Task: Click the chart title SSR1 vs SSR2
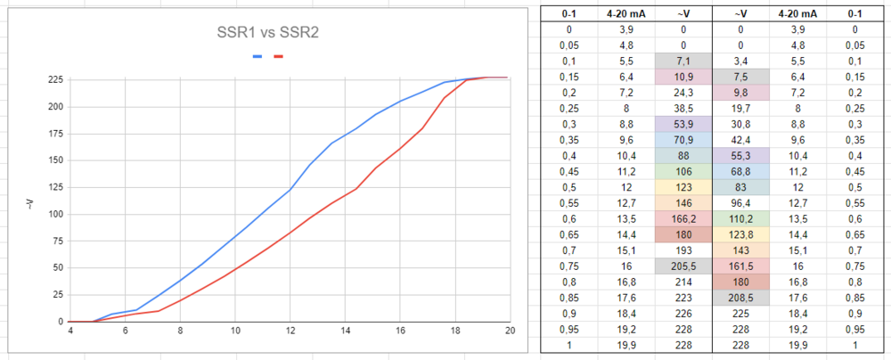coord(268,33)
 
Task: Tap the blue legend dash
coord(257,56)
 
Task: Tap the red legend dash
coord(279,56)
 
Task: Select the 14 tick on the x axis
coord(346,331)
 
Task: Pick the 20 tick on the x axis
coord(510,331)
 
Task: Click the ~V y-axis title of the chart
coord(29,204)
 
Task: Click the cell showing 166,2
coord(683,217)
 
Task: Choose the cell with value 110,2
coord(742,217)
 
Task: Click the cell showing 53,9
coord(683,122)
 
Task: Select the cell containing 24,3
coord(683,91)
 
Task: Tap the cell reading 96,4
coord(742,201)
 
